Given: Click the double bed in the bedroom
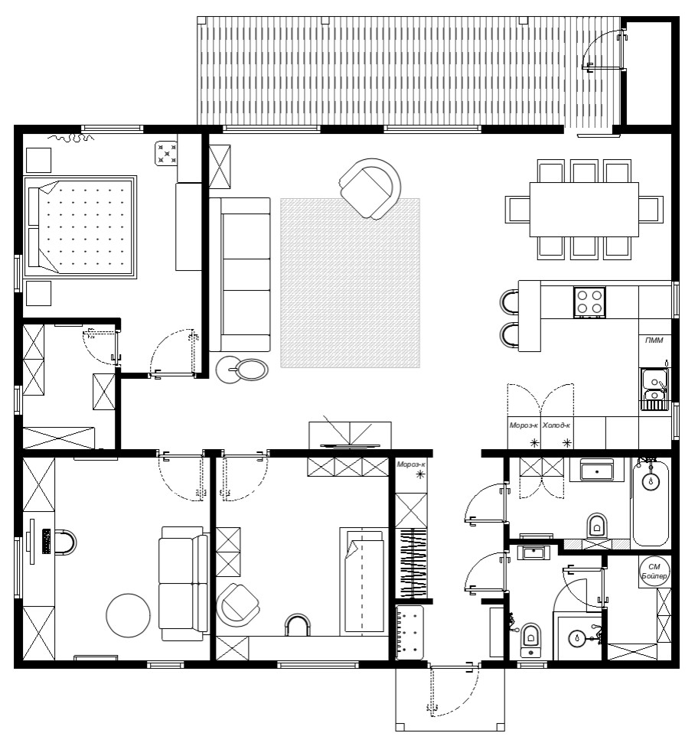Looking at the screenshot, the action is pyautogui.click(x=80, y=227).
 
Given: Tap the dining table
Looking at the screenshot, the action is pyautogui.click(x=584, y=209).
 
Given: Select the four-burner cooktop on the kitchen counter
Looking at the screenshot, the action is pyautogui.click(x=590, y=301).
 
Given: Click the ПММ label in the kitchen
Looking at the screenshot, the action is pyautogui.click(x=654, y=340).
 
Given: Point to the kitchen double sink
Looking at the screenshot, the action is pyautogui.click(x=654, y=389).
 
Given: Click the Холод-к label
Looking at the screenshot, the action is pyautogui.click(x=556, y=425).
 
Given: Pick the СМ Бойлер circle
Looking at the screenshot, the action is pyautogui.click(x=654, y=571).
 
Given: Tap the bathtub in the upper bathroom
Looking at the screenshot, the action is pyautogui.click(x=651, y=501).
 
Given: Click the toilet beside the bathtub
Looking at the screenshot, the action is pyautogui.click(x=597, y=524).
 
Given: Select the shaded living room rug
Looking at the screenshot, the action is pyautogui.click(x=351, y=282).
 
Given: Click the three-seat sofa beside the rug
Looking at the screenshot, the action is pyautogui.click(x=240, y=275).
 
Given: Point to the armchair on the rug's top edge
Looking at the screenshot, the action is pyautogui.click(x=370, y=189).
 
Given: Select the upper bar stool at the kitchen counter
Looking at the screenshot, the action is pyautogui.click(x=510, y=301).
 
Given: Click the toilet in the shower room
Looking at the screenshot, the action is pyautogui.click(x=530, y=638).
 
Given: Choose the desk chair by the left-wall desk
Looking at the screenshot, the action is pyautogui.click(x=66, y=542).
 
